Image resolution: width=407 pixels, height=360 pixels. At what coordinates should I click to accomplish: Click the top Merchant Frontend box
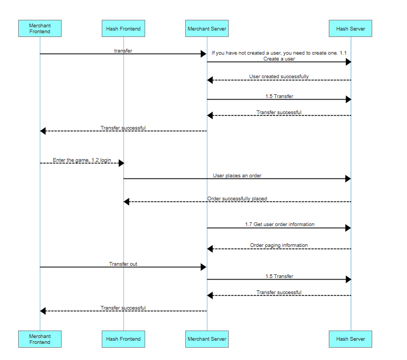40,28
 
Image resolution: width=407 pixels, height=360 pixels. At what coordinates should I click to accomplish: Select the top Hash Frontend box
123,28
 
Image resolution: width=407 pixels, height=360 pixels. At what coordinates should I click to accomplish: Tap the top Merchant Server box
207,28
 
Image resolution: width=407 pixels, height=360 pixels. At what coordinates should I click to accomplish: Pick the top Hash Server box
350,28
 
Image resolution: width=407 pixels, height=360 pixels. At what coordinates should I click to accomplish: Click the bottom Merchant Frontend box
40,339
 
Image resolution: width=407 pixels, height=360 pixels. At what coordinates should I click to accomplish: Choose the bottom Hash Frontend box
123,339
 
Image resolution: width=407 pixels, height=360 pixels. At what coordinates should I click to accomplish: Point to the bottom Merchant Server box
207,339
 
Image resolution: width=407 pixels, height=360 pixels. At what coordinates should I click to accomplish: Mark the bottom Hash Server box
350,339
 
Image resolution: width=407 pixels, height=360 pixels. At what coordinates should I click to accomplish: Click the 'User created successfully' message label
278,77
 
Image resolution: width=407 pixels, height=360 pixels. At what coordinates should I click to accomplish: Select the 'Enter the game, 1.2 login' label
82,160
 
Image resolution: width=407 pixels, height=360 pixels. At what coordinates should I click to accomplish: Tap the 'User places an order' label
237,175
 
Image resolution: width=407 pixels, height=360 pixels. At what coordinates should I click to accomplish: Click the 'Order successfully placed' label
237,199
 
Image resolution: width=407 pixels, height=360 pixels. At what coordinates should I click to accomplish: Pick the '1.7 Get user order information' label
280,224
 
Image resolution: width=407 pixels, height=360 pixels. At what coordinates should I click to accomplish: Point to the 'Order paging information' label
278,245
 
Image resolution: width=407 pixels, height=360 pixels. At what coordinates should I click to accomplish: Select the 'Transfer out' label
123,264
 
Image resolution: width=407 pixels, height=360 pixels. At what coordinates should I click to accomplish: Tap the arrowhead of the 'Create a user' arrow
348,62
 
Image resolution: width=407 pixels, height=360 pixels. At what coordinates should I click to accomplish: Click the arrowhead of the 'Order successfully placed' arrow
127,202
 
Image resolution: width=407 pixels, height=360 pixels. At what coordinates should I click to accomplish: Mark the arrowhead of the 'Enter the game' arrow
120,163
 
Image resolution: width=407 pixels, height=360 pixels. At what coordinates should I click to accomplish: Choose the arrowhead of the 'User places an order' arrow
348,179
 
